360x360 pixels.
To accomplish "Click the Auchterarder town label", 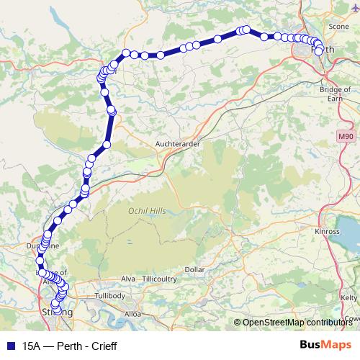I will [178, 143].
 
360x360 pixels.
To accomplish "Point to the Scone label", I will [339, 26].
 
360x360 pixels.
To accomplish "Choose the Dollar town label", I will [195, 269].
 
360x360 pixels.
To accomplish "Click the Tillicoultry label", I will [160, 279].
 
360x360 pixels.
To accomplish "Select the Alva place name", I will [129, 279].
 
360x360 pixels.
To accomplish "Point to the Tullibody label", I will [110, 296].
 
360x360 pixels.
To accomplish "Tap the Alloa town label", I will [132, 314].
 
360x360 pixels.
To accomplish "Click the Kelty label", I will [349, 297].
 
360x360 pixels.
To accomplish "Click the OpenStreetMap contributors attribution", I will [297, 322].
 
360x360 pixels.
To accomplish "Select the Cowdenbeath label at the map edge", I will [352, 318].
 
